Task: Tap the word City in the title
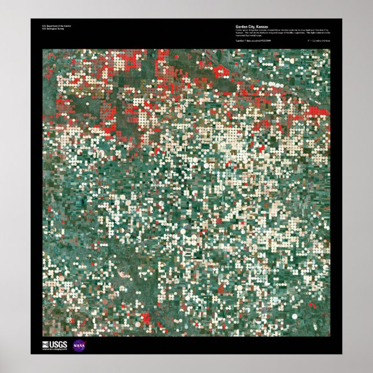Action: (x=253, y=27)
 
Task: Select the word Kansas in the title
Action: (x=263, y=27)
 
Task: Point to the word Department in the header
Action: (x=52, y=26)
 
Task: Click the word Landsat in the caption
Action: (x=240, y=41)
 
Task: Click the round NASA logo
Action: (x=79, y=345)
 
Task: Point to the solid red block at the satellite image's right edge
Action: (x=317, y=111)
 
